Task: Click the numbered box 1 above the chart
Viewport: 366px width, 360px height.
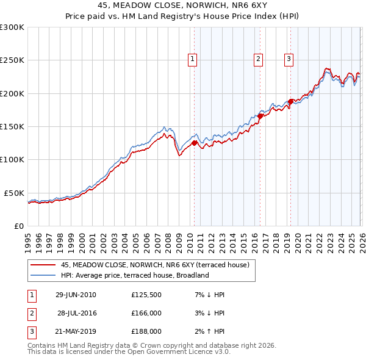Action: click(x=192, y=59)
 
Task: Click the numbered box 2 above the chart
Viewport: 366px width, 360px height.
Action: click(x=258, y=59)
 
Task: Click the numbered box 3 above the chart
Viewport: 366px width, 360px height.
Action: click(x=288, y=59)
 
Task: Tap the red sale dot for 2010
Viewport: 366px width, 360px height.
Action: click(x=195, y=143)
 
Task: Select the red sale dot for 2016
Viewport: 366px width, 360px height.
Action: click(x=260, y=116)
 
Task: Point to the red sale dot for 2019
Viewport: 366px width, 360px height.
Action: click(x=290, y=101)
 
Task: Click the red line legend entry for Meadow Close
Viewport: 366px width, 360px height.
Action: click(x=155, y=265)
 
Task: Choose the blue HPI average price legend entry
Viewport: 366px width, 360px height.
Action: click(x=135, y=275)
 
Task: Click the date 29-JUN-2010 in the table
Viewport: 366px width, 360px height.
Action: click(x=76, y=295)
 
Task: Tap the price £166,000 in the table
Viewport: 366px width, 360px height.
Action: click(x=146, y=313)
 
